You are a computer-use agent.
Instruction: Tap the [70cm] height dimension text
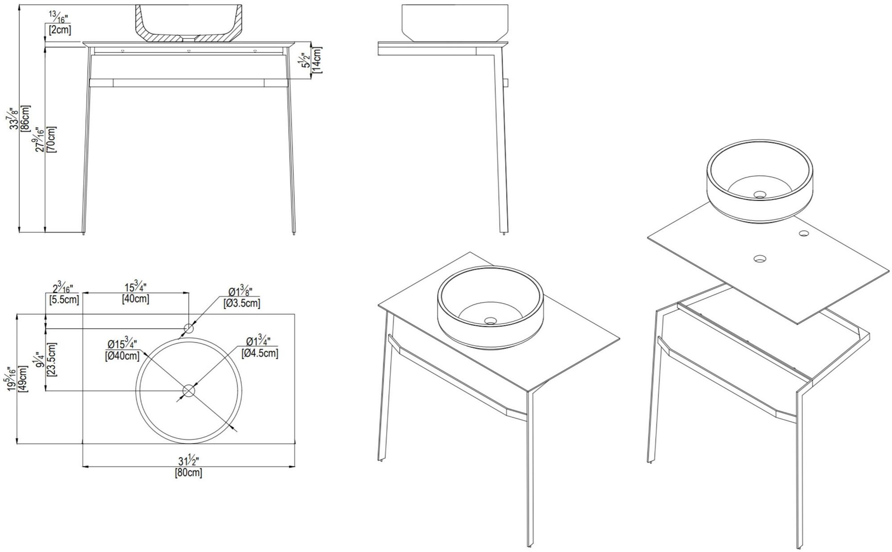(51, 140)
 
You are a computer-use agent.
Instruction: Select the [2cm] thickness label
(60, 30)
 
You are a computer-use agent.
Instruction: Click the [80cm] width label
(188, 473)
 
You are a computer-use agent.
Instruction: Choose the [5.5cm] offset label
(64, 300)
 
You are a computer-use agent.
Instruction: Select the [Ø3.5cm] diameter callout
(242, 303)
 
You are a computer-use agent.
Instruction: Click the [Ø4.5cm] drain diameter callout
(260, 353)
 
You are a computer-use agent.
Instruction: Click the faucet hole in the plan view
(188, 329)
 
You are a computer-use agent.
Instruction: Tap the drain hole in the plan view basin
(189, 391)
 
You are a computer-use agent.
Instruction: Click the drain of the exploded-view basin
(760, 195)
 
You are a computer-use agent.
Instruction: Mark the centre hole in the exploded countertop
(760, 258)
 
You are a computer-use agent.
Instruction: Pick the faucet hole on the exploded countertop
(804, 233)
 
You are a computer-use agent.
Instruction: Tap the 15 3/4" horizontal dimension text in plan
(135, 287)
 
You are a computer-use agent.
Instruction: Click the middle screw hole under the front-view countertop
(189, 51)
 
